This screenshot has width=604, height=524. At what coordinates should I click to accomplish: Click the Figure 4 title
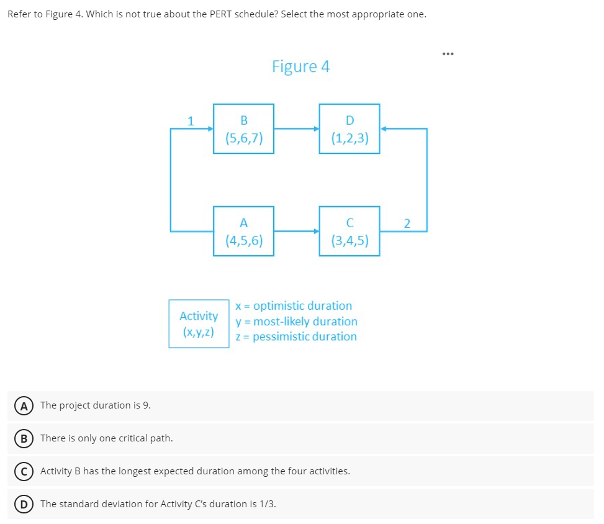(x=300, y=66)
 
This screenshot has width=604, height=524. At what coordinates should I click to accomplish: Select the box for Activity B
(x=243, y=129)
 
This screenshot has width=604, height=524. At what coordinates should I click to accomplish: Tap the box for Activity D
(x=349, y=129)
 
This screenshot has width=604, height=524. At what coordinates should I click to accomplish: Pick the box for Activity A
(x=243, y=231)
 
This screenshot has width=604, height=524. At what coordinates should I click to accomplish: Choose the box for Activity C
(x=349, y=231)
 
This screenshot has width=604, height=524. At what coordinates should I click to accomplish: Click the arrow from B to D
(x=297, y=129)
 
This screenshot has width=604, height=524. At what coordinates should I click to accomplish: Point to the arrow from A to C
(x=297, y=232)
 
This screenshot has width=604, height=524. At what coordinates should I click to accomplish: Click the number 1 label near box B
(x=191, y=120)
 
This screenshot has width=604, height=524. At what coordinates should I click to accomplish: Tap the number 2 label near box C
(x=407, y=224)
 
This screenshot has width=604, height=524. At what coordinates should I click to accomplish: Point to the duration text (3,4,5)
(x=349, y=241)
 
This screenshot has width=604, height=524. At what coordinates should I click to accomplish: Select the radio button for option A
(x=21, y=405)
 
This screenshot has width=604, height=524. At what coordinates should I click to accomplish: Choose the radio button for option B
(x=21, y=438)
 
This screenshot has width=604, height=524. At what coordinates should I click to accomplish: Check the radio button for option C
(x=21, y=471)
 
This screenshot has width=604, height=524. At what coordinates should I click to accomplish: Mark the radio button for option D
(x=21, y=504)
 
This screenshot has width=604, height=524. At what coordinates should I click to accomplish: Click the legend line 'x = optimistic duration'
(x=294, y=306)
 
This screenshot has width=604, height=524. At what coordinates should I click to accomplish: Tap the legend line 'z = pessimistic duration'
(x=296, y=337)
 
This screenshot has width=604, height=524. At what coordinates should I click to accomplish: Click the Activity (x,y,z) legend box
(x=199, y=323)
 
